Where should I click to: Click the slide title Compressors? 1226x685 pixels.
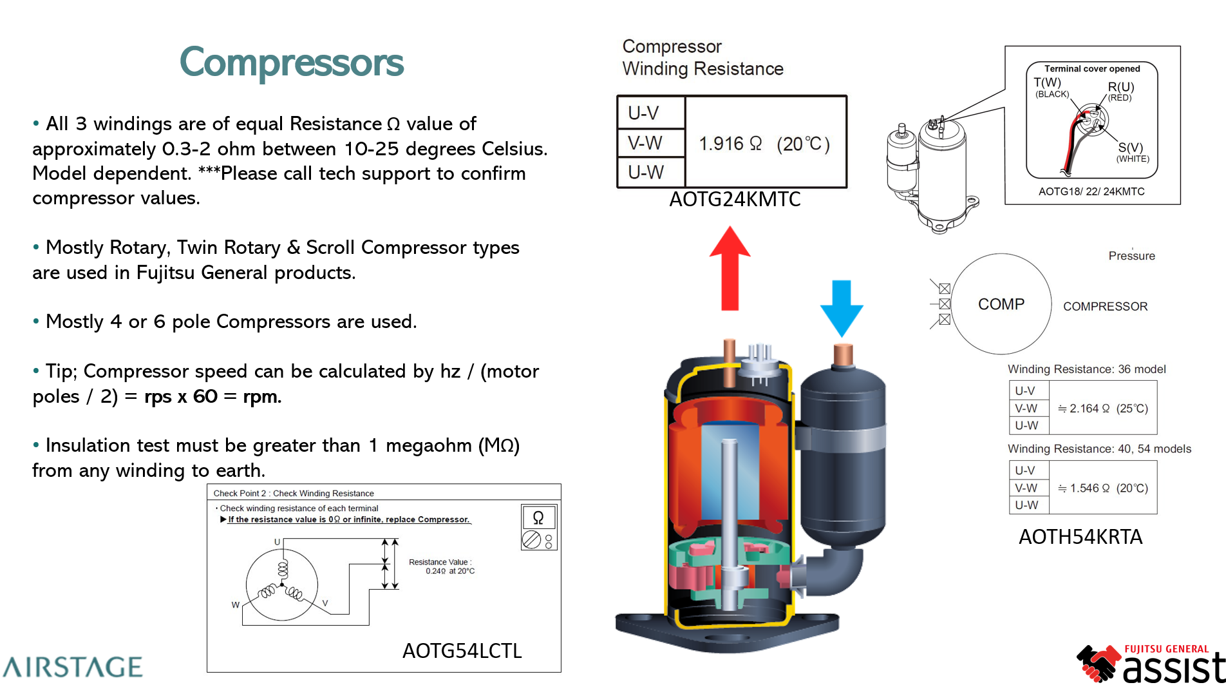click(292, 63)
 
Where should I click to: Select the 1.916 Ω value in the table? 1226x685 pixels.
click(730, 144)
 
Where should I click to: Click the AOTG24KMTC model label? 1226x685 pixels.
click(735, 200)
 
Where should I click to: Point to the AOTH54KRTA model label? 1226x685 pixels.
click(1080, 537)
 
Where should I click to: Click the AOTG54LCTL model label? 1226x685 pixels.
click(462, 651)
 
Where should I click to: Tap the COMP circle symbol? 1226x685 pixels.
click(1001, 304)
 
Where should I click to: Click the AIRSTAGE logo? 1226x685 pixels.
click(72, 667)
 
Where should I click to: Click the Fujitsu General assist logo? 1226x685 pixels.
click(1153, 664)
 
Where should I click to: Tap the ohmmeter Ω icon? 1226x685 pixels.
click(538, 517)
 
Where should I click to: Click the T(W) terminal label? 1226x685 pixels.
click(1047, 82)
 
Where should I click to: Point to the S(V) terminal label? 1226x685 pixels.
click(1131, 148)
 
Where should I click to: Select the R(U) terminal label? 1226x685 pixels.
click(1121, 87)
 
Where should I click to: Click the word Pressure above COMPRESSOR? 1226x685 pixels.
click(1131, 256)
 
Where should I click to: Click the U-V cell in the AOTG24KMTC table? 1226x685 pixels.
click(644, 113)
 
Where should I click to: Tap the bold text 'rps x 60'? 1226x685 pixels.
click(181, 396)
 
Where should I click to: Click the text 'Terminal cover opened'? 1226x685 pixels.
click(1092, 69)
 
